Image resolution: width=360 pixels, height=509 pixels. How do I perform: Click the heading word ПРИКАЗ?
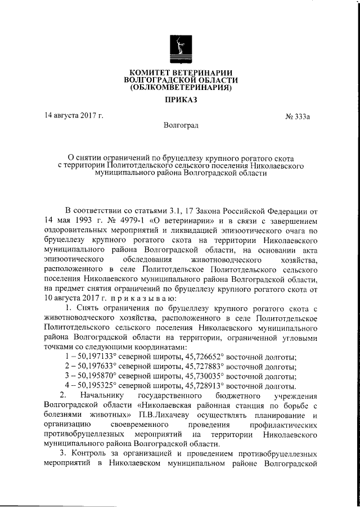click(180, 100)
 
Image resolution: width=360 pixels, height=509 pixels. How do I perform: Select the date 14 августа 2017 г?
click(74, 116)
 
